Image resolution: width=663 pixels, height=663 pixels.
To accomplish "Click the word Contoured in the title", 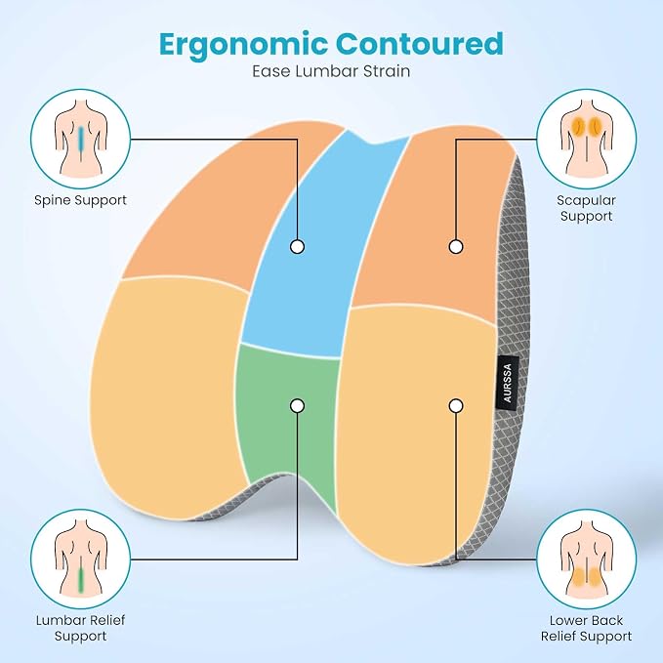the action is click(x=420, y=43).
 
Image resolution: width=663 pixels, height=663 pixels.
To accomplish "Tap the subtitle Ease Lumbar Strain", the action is click(x=331, y=70).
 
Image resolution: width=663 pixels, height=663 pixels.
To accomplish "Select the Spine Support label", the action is click(x=80, y=200).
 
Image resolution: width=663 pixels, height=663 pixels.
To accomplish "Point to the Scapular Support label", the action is click(x=586, y=208).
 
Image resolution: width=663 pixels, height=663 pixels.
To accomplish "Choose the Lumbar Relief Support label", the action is click(x=80, y=628).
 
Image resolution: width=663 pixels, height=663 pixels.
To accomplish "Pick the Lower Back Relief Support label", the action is click(x=586, y=628).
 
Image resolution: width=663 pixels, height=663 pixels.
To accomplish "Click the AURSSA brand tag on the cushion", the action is click(x=508, y=383).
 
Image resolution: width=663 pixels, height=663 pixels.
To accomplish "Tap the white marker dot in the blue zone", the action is click(x=297, y=246).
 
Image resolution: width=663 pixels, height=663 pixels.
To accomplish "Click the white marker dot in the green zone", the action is click(x=297, y=406).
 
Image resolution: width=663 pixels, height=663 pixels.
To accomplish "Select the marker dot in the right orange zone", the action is click(x=456, y=246).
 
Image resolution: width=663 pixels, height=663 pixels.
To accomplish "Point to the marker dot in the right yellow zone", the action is click(x=456, y=406).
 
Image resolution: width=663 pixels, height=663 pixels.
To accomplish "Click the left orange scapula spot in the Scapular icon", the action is click(x=577, y=125).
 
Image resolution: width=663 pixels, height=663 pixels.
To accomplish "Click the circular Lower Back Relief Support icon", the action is click(x=586, y=559).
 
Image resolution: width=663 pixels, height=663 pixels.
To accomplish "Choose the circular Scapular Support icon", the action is click(x=586, y=139).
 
